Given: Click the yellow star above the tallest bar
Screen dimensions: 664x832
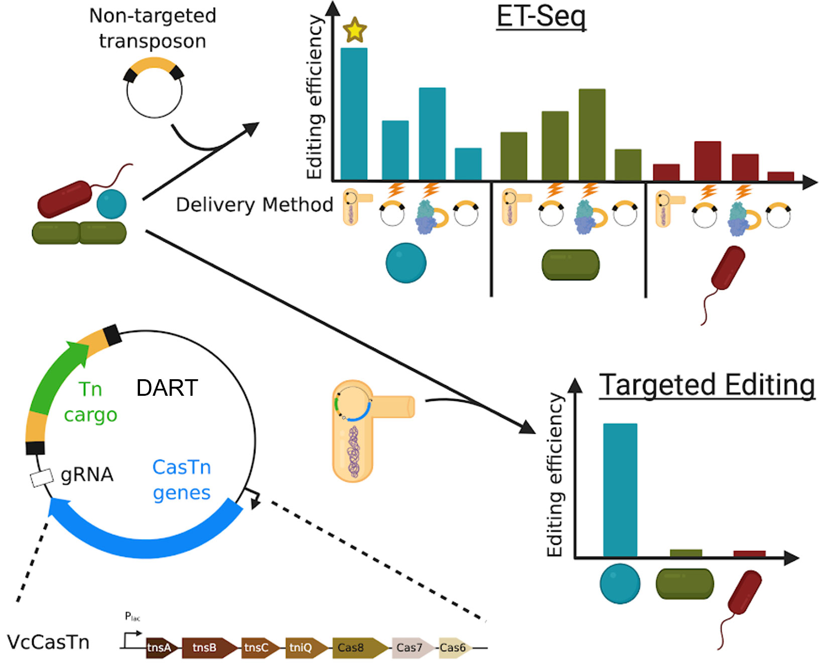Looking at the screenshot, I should tap(354, 30).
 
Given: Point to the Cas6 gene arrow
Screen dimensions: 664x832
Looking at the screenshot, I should tap(453, 647).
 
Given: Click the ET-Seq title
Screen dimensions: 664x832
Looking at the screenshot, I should tap(541, 17).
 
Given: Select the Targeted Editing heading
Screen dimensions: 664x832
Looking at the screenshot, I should tap(707, 386).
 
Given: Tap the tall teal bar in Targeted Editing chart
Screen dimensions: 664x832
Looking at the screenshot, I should tap(620, 490).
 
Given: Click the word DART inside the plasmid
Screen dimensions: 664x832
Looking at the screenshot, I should tap(167, 388).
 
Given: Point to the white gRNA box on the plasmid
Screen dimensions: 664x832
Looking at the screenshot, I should tap(42, 478).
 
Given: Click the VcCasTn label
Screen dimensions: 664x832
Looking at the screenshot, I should tap(48, 642).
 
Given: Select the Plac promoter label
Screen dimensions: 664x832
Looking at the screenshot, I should tap(132, 616).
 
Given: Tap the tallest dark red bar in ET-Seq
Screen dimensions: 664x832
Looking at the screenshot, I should tap(707, 161).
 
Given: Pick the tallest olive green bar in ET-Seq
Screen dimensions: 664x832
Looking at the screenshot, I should tap(592, 135).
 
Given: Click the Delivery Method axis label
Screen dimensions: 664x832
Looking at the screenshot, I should tap(254, 205).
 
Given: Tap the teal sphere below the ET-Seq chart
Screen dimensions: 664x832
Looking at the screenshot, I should tap(406, 263).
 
